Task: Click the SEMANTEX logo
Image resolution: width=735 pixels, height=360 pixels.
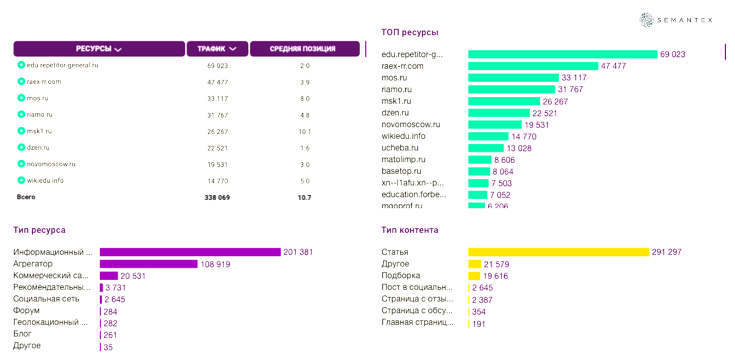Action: pos(676,20)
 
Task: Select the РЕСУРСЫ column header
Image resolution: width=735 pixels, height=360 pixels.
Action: pos(99,49)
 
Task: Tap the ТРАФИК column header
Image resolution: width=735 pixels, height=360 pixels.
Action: pos(217,49)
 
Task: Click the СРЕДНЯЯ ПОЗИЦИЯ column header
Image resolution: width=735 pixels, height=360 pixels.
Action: pos(305,49)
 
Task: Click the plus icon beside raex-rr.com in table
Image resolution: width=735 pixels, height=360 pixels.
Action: pos(21,82)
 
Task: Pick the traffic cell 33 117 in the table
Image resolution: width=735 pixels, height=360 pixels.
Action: pos(217,98)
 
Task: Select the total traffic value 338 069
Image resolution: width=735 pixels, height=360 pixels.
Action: pos(217,197)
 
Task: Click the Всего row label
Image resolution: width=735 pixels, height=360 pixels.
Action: pos(26,197)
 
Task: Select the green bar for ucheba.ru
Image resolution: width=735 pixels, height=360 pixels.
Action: pos(486,148)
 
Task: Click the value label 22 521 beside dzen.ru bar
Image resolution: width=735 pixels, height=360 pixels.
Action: pos(545,113)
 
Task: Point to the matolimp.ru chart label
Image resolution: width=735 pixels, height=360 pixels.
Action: pos(403,160)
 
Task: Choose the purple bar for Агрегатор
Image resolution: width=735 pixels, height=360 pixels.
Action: pos(148,264)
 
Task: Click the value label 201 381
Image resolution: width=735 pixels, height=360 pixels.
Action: pos(297,252)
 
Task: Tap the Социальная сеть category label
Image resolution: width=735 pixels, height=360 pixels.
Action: pos(46,299)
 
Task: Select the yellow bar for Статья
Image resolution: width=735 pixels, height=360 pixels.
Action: pos(558,252)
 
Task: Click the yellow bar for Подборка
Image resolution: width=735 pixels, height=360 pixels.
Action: pos(474,276)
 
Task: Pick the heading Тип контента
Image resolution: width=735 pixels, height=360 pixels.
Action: pos(410,230)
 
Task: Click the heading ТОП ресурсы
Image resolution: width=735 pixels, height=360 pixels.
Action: pos(410,32)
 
